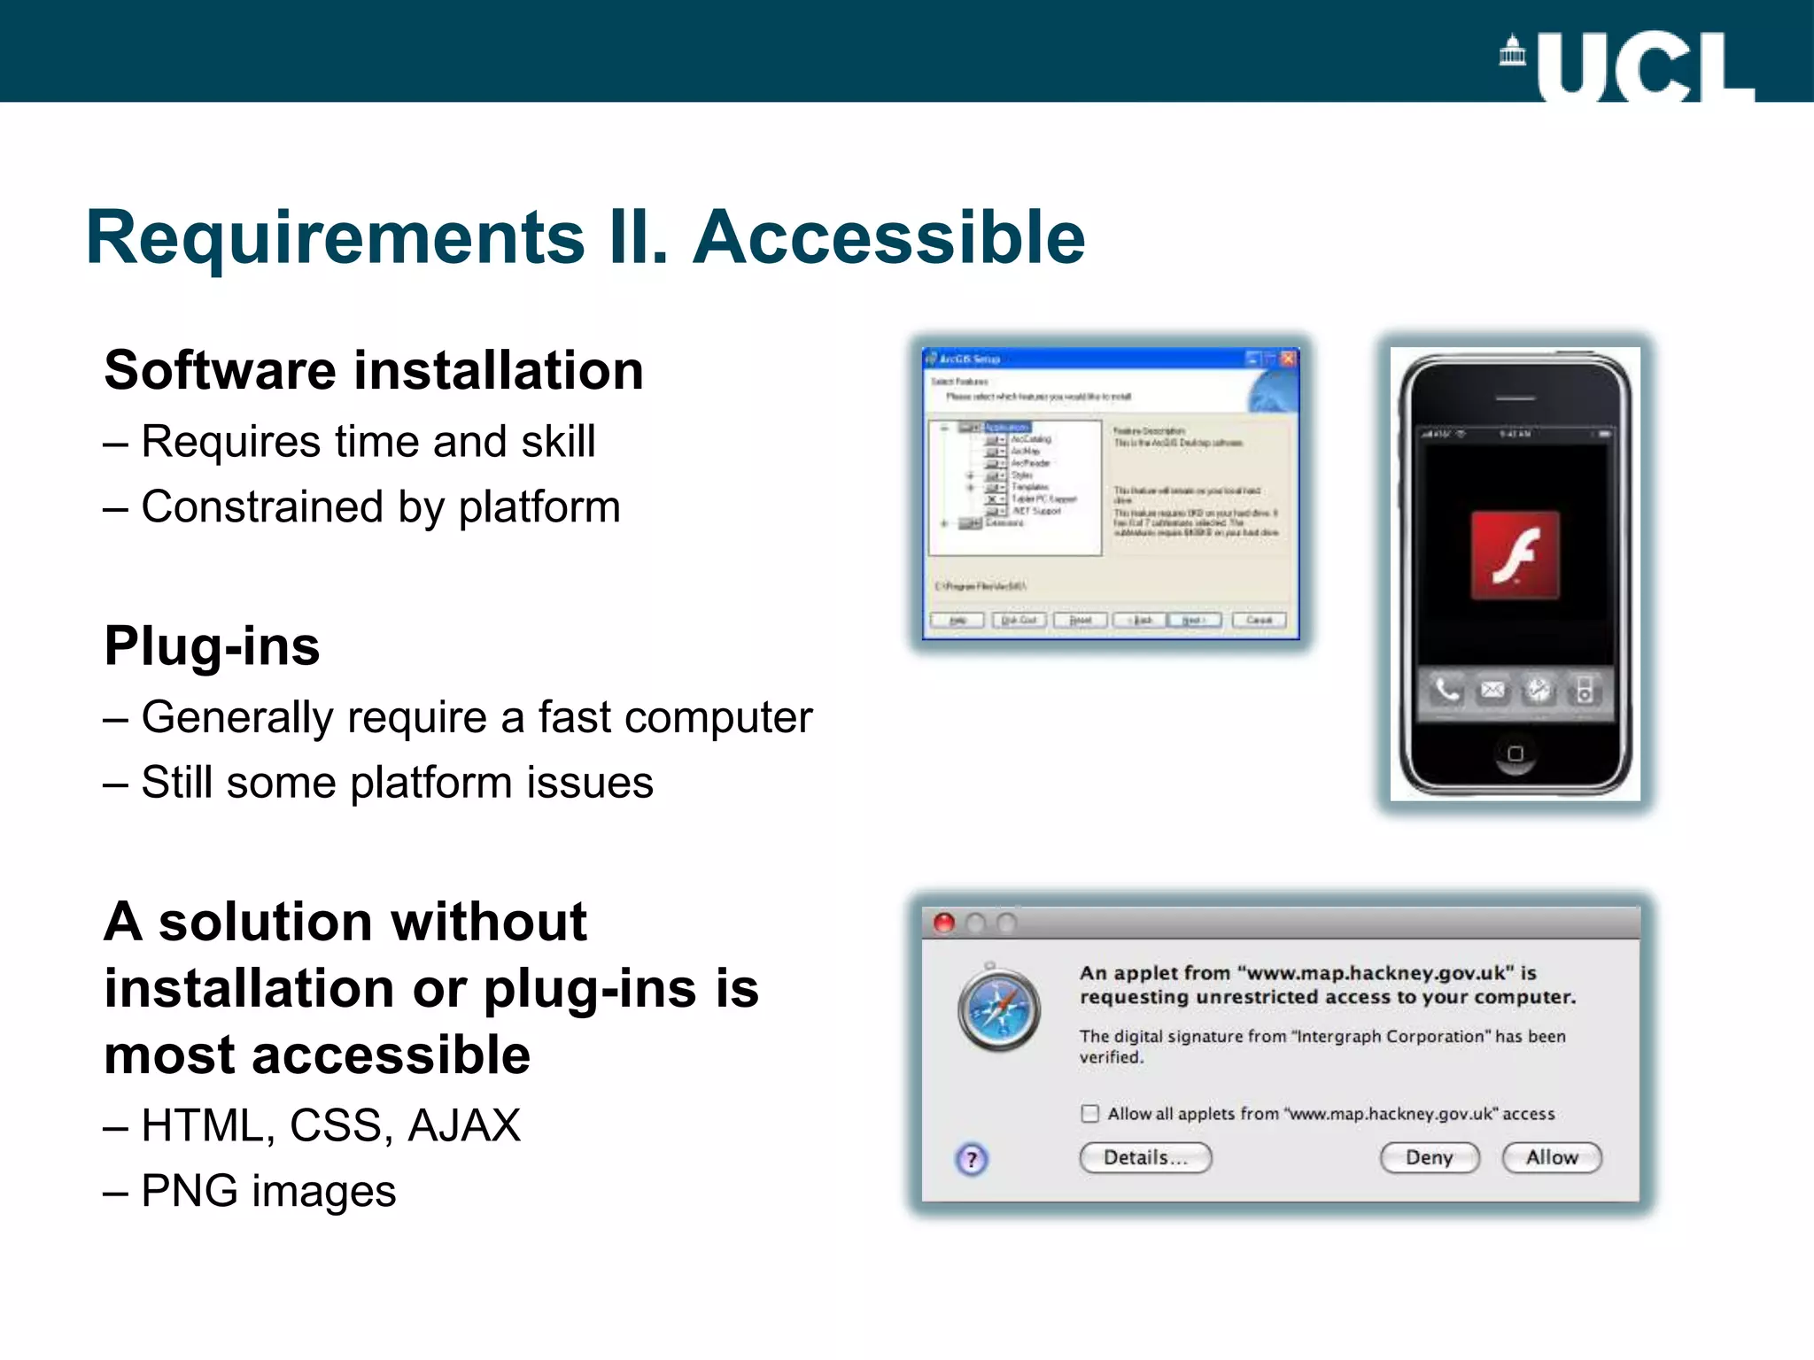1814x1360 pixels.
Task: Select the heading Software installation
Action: tap(373, 370)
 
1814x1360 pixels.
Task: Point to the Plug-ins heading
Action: tap(212, 645)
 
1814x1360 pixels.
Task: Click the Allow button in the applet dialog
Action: tap(1552, 1157)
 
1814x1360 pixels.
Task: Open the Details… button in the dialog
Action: tap(1144, 1157)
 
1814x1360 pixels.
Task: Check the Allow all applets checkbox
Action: tap(1089, 1113)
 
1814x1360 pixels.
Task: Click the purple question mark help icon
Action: tap(972, 1159)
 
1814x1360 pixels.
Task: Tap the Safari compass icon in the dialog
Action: tap(999, 1009)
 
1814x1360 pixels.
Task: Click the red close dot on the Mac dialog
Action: tap(944, 923)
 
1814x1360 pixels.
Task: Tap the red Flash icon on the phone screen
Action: tap(1515, 555)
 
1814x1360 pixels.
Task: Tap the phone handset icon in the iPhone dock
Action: tap(1446, 690)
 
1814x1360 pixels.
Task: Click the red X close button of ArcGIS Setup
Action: tap(1288, 359)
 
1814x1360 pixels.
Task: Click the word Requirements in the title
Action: tap(336, 237)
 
